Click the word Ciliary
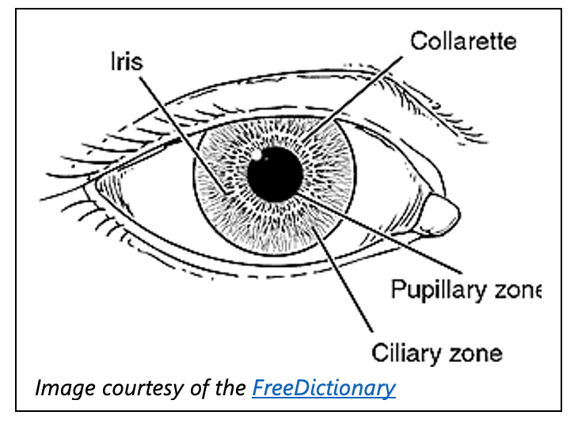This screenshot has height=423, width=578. click(405, 350)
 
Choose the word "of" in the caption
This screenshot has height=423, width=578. click(198, 388)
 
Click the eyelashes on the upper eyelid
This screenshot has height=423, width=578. click(103, 143)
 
